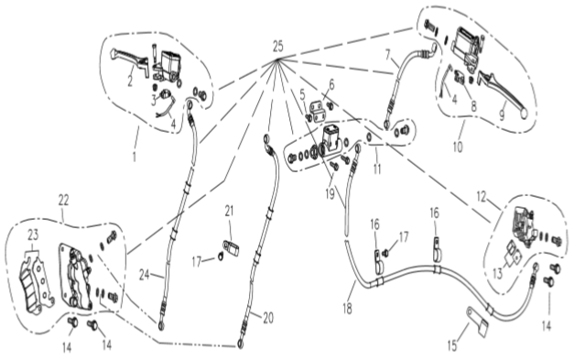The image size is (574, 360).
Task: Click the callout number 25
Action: (x=278, y=47)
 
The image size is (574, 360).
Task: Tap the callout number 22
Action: (x=63, y=200)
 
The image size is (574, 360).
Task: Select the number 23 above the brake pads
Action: (x=33, y=235)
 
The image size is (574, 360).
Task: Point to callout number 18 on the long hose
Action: (x=347, y=309)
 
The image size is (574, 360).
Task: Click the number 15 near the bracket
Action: (x=452, y=345)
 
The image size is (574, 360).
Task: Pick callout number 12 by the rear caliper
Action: (x=482, y=197)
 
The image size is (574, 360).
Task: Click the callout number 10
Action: (x=458, y=147)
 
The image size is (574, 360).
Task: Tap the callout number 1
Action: (x=135, y=157)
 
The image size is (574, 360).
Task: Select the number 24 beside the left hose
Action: (x=145, y=274)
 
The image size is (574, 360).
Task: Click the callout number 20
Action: (x=268, y=318)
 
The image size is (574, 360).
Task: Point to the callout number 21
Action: (x=229, y=211)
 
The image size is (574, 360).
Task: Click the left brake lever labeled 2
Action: (x=130, y=61)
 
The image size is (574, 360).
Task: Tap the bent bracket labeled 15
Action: (x=477, y=322)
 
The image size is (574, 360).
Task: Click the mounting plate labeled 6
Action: (x=318, y=112)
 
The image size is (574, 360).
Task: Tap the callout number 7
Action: (x=388, y=55)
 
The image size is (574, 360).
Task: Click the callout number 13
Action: (x=497, y=273)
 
